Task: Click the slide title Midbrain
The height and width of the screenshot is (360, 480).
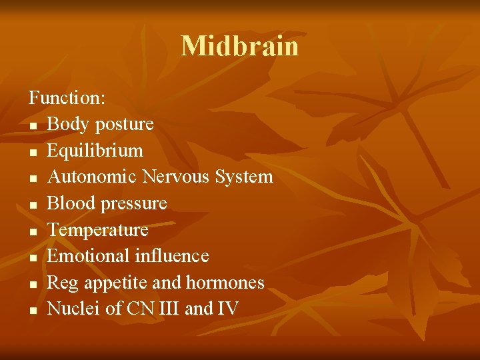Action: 240,46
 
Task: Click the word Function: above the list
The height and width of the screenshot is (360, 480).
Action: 67,98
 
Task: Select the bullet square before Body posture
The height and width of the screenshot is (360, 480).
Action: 32,125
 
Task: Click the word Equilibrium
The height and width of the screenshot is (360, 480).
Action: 95,151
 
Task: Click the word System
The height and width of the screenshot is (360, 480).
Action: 244,177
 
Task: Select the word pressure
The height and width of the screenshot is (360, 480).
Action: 133,203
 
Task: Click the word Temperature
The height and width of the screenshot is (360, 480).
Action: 97,230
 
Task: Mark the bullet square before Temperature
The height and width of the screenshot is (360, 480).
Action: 32,231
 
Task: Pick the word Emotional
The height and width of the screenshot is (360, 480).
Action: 89,256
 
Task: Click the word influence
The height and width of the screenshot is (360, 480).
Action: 172,256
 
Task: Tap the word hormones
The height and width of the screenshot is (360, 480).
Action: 225,283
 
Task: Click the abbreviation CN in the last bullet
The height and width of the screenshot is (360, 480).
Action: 139,309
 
